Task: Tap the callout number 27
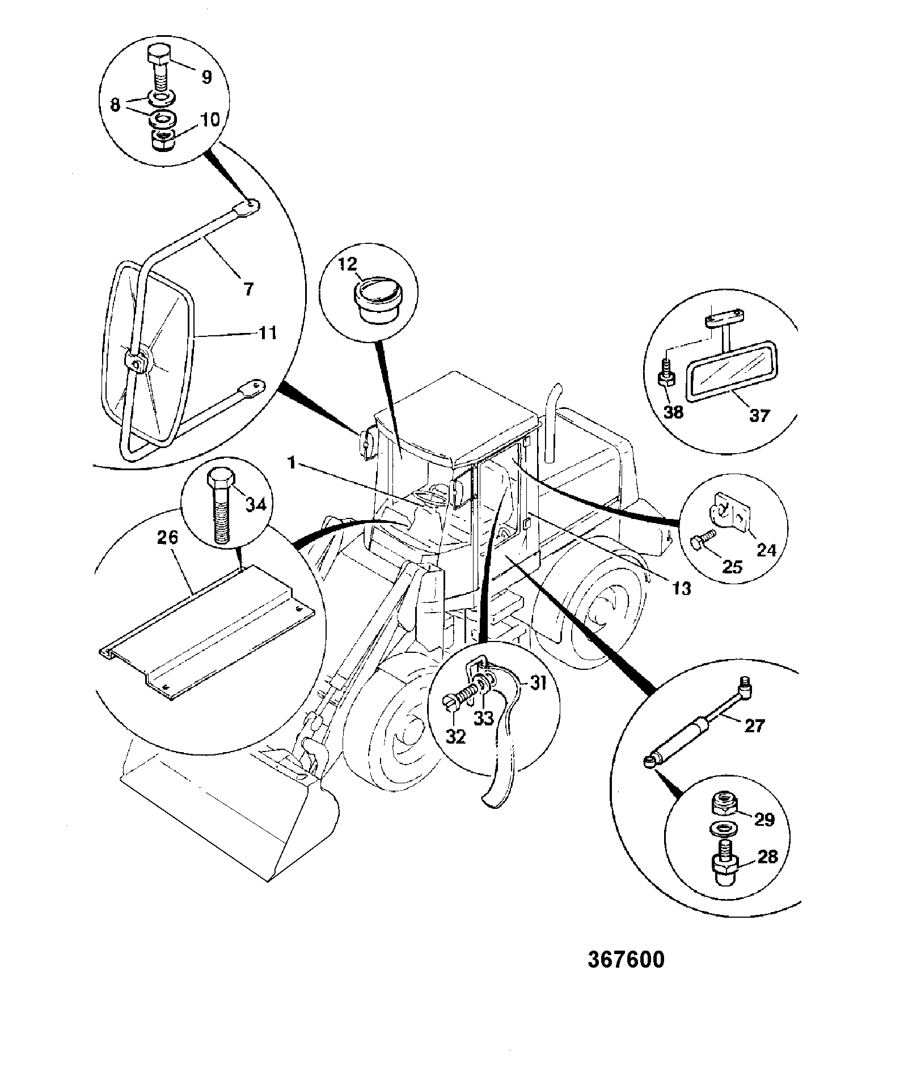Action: pyautogui.click(x=754, y=725)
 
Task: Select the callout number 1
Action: pyautogui.click(x=292, y=463)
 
